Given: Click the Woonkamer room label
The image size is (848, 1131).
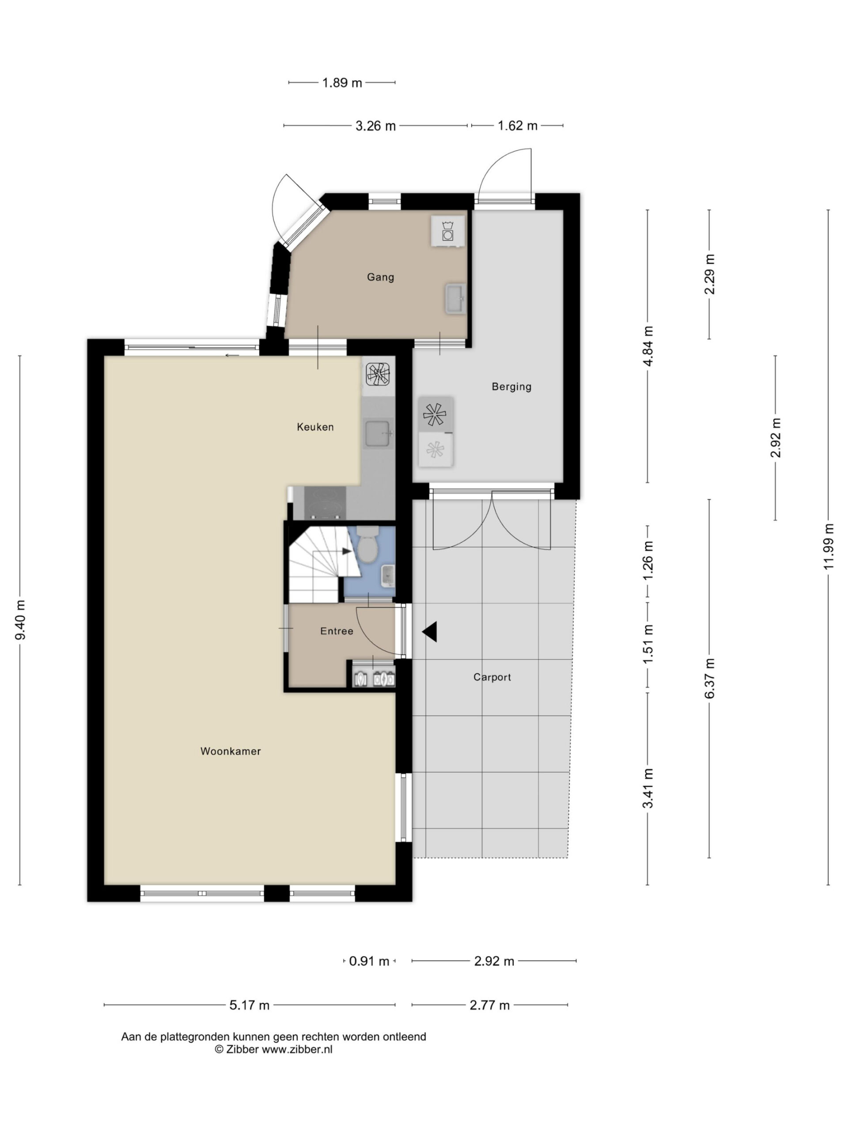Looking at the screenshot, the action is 231,751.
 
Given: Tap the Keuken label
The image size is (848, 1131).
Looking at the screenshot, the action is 315,427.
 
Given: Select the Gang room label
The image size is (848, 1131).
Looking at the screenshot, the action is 380,277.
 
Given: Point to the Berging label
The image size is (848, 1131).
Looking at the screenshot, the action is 511,387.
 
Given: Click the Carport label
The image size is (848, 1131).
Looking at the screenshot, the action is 492,677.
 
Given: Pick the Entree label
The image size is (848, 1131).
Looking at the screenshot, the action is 337,631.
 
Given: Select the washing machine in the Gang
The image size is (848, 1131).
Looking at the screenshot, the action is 448,231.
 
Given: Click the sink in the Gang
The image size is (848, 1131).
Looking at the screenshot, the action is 455,299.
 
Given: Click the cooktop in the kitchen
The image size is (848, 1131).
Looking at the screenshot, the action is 325,503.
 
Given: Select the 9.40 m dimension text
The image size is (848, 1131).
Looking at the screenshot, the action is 20,620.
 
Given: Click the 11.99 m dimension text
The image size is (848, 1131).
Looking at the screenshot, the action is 829,546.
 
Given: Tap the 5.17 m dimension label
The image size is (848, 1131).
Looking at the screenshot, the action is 249,1005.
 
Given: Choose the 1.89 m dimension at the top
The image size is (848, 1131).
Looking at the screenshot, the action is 342,82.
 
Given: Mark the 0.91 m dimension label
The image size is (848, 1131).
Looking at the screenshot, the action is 369,961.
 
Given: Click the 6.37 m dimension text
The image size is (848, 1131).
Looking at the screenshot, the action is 709,679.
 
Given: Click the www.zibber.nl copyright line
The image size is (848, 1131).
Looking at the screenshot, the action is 273,1050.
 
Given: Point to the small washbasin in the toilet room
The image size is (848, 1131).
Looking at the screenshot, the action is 388,576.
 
